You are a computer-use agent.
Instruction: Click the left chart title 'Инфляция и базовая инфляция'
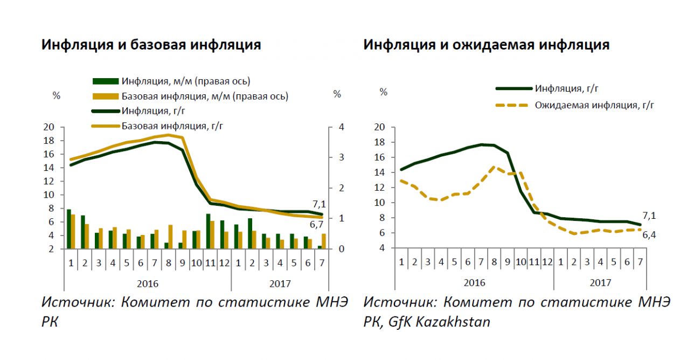[151, 45]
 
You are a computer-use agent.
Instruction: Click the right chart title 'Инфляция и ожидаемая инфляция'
[486, 45]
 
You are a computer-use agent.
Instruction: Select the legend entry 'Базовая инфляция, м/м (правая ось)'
[205, 96]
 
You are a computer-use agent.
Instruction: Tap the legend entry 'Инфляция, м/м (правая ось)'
[186, 81]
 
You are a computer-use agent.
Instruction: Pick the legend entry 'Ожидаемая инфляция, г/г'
[594, 105]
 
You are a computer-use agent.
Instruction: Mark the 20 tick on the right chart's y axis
[380, 127]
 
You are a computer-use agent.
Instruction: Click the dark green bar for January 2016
[68, 229]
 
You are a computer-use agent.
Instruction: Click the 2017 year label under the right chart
[601, 282]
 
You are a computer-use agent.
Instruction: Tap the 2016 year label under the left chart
[148, 282]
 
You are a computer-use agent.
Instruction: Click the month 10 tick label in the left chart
[197, 263]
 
